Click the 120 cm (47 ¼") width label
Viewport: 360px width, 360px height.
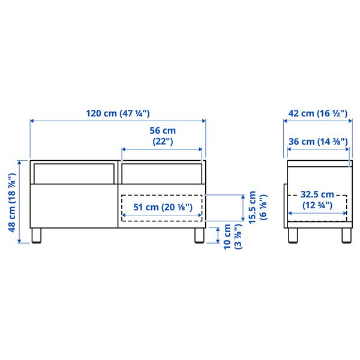[x=118, y=113]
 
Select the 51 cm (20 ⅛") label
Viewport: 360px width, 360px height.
[x=162, y=208]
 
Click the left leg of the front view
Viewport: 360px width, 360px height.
[x=37, y=235]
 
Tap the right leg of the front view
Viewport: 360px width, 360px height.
[x=199, y=235]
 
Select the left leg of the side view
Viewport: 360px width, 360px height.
[x=293, y=235]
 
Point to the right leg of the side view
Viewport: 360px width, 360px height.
[x=346, y=235]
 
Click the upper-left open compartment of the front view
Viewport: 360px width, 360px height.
[x=73, y=172]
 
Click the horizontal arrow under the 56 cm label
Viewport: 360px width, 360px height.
[x=162, y=149]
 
